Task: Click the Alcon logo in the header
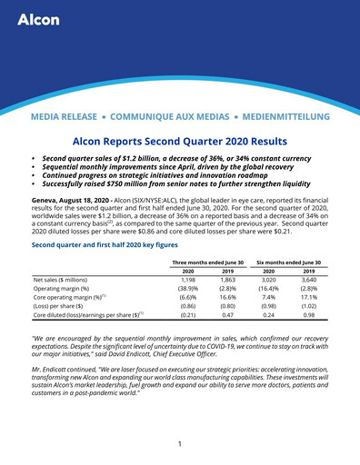pos(38,19)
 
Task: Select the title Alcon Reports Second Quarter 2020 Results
pos(179,142)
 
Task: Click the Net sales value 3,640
pos(309,282)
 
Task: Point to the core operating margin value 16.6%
pos(228,302)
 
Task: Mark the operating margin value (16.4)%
pos(268,292)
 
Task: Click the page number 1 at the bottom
pos(180,444)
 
